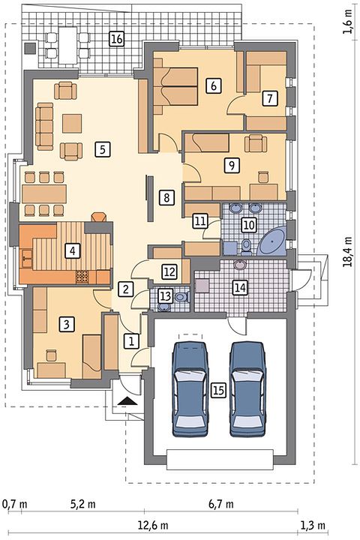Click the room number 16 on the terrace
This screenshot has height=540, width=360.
point(116,38)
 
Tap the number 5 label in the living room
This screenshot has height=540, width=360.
point(103,149)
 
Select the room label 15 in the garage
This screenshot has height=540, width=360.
point(218,390)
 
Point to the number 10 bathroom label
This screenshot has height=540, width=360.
point(249,225)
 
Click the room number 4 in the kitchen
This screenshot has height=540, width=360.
point(72,250)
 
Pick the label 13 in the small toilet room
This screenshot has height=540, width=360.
point(165,295)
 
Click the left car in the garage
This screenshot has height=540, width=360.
point(190,389)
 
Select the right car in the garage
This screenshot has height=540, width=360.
point(247,389)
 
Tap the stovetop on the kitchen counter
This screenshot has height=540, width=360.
point(82,277)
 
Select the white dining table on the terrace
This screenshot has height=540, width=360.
point(67,45)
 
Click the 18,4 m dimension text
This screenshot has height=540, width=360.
point(348,252)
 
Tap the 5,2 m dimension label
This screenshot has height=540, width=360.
point(83,505)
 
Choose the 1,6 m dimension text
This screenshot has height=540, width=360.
point(348,21)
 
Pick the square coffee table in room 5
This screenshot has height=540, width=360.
point(72,124)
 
